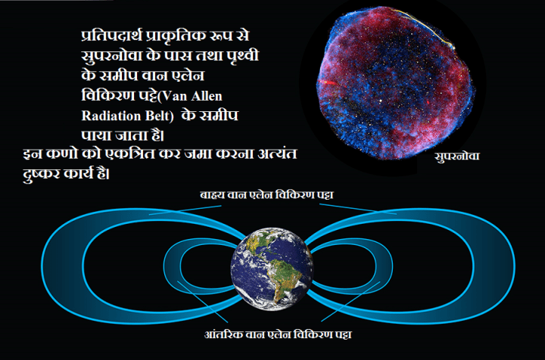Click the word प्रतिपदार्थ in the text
point(114,38)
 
